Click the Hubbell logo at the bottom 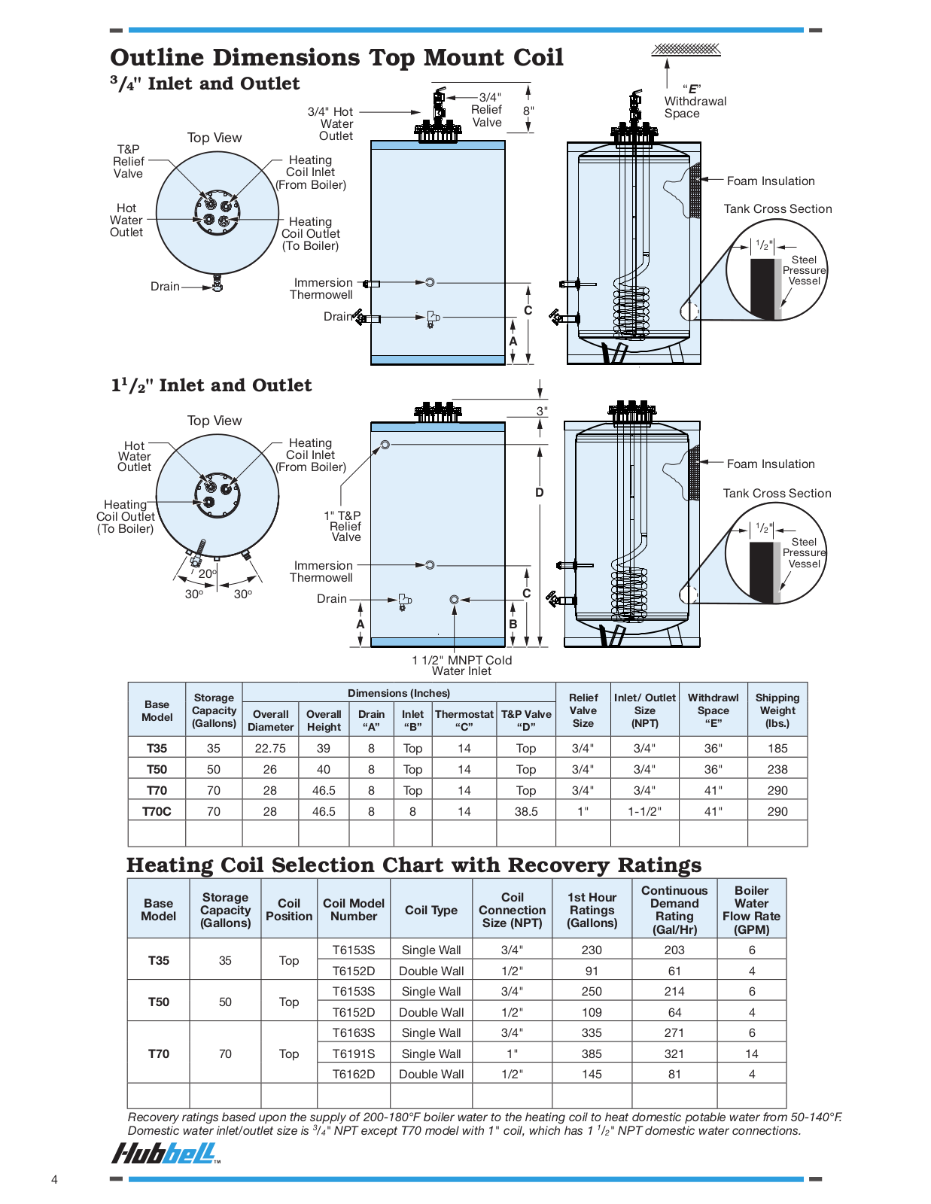point(165,1154)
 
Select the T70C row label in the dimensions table point(157,812)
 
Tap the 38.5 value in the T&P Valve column point(526,812)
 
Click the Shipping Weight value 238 point(777,770)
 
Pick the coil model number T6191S point(354,1053)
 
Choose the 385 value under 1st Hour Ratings point(592,1053)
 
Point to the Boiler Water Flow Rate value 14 point(751,1053)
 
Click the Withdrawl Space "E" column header point(713,710)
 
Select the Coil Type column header point(431,911)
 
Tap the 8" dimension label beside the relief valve point(528,111)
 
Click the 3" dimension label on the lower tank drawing point(542,411)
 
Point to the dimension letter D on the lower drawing point(539,493)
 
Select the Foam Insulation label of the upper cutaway point(771,181)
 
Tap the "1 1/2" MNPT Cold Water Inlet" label point(461,665)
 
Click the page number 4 point(54,1180)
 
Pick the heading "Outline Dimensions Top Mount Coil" point(337,58)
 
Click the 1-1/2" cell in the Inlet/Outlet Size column point(644,812)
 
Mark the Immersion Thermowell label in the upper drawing point(321,289)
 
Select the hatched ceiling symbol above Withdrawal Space point(686,50)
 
